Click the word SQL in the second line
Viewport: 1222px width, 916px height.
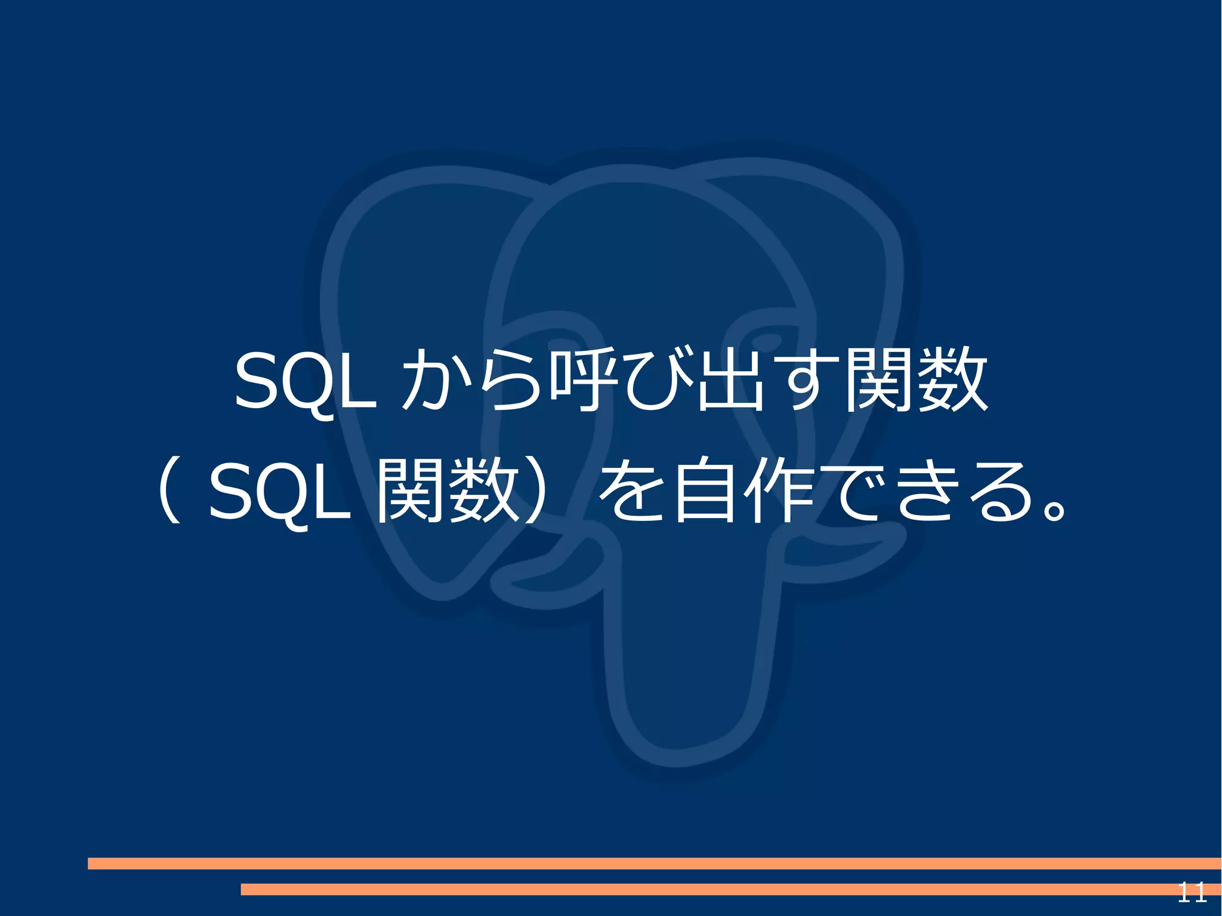pyautogui.click(x=279, y=491)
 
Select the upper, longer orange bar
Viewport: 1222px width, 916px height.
pyautogui.click(x=653, y=863)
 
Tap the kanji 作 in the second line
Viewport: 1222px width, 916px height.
pyautogui.click(x=779, y=491)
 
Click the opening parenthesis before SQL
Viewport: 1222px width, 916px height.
pyautogui.click(x=170, y=491)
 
